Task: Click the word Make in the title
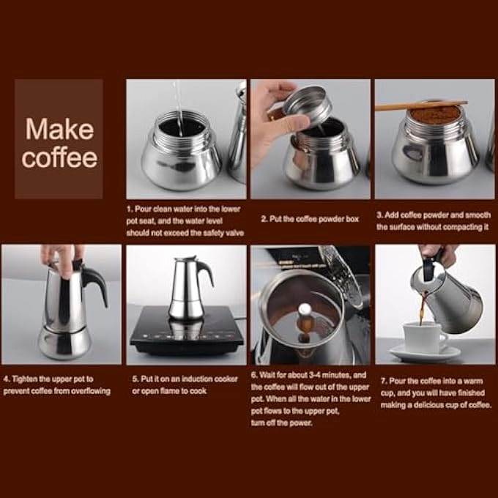[59, 130]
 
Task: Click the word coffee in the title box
[59, 157]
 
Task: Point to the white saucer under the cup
[425, 354]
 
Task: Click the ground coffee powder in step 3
[434, 115]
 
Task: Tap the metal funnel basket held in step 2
[307, 104]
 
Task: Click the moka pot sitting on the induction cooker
[187, 289]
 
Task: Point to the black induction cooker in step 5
[186, 333]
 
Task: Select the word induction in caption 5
[193, 379]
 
